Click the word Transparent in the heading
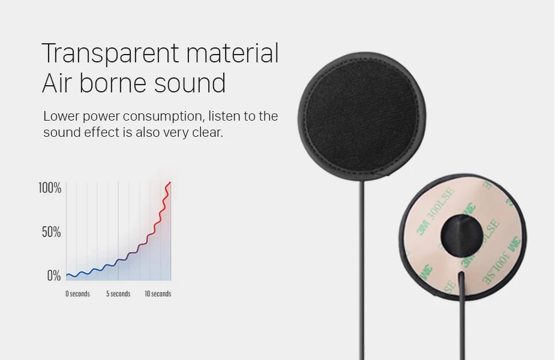[x=110, y=53]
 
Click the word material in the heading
[x=232, y=53]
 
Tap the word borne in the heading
[x=112, y=83]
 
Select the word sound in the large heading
[x=190, y=83]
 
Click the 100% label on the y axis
[x=50, y=188]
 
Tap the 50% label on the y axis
[x=51, y=232]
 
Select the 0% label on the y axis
[x=54, y=275]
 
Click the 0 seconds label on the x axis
[x=77, y=294]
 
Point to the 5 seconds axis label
[x=118, y=294]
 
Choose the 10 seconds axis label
[x=158, y=294]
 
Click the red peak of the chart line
[x=170, y=183]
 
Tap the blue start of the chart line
[x=68, y=275]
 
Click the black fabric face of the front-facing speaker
[x=362, y=116]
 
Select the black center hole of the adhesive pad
[x=461, y=235]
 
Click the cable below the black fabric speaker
[x=362, y=271]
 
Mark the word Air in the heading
[x=56, y=83]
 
